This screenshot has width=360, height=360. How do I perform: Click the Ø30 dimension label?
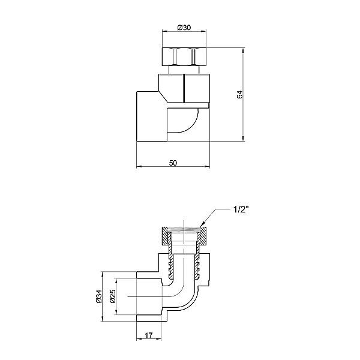click(184, 27)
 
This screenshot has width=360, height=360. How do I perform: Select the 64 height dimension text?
click(239, 94)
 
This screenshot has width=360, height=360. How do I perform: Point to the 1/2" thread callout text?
click(242, 210)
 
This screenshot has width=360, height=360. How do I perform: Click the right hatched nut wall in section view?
click(203, 235)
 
